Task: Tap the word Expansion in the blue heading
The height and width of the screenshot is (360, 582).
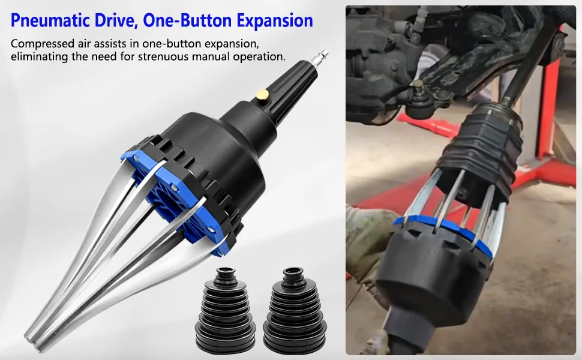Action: (x=275, y=21)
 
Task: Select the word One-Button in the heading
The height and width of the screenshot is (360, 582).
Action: (x=187, y=20)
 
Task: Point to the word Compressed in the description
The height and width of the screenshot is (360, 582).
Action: (x=43, y=44)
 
